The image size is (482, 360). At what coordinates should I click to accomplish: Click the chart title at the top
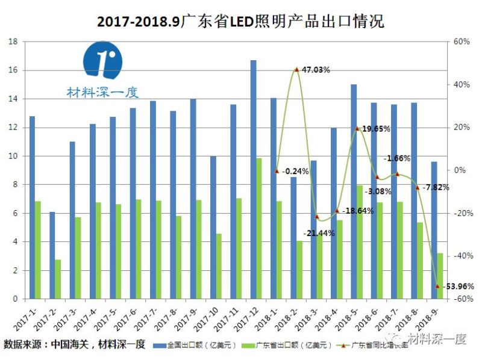pos(240,21)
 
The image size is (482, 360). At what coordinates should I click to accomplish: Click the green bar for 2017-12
pos(259,229)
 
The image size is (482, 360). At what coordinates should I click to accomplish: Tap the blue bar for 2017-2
pos(52,255)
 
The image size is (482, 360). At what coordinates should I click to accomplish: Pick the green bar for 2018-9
pos(440,276)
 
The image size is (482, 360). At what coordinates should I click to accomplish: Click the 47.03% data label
pos(315,70)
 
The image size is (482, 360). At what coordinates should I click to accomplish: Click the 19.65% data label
pos(376,129)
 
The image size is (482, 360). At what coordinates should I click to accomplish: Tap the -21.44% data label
pos(319,233)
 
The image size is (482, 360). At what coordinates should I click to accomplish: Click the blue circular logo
pos(102,60)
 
